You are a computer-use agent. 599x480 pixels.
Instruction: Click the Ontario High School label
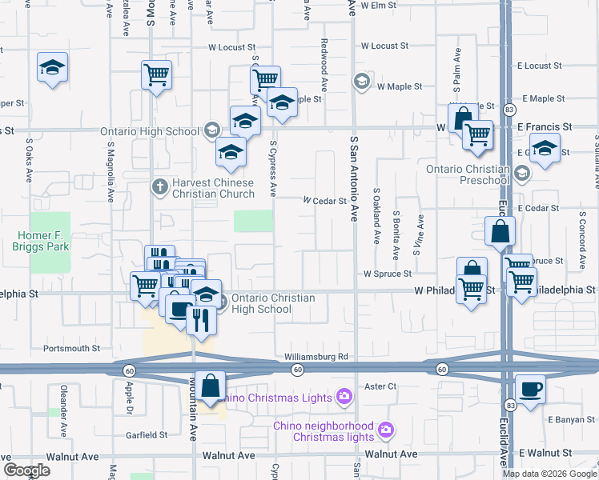[x=149, y=132]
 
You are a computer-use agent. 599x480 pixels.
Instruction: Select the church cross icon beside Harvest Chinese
[x=159, y=187]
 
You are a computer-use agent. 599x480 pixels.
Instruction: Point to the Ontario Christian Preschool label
[x=468, y=174]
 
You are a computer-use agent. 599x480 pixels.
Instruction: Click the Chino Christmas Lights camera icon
[x=344, y=396]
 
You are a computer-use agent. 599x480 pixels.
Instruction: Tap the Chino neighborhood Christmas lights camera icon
[x=386, y=430]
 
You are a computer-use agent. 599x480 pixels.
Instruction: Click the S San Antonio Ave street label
[x=352, y=176]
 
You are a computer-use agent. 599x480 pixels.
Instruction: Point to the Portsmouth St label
[x=71, y=349]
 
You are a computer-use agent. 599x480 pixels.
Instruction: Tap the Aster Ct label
[x=380, y=386]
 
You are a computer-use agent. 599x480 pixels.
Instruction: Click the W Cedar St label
[x=324, y=202]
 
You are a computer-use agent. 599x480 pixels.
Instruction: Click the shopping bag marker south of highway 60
[x=210, y=387]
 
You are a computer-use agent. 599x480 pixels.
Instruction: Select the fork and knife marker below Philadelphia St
[x=199, y=322]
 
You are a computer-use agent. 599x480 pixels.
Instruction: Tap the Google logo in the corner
[x=26, y=470]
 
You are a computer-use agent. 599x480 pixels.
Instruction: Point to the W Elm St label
[x=379, y=5]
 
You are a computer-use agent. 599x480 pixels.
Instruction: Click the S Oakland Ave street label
[x=376, y=217]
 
